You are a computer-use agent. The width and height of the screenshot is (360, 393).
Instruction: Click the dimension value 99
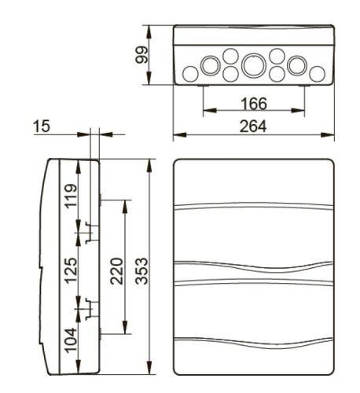point(141,55)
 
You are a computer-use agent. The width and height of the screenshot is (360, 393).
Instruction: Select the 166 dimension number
point(254,104)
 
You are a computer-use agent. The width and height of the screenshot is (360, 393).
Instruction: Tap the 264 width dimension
point(253,126)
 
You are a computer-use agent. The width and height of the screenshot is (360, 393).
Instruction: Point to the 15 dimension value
point(42,127)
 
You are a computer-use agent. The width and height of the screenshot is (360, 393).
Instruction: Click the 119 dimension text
point(72,196)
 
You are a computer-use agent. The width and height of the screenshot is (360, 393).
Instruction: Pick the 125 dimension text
point(72,270)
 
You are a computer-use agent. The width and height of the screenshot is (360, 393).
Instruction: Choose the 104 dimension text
point(72,340)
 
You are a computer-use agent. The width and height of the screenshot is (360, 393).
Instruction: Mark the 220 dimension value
point(117,271)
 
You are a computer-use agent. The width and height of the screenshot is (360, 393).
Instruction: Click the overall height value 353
point(141,271)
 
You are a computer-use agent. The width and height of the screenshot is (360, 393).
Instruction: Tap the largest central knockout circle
point(254,65)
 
